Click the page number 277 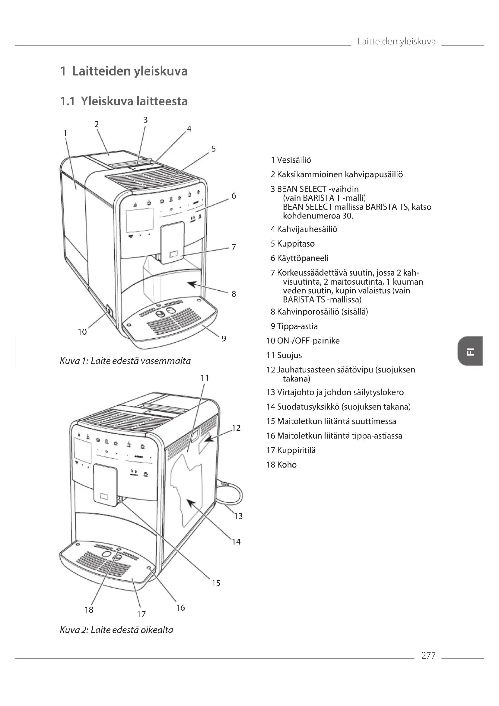(428, 655)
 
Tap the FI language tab (470, 351)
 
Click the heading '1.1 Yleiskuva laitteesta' (124, 101)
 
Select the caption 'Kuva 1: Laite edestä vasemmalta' (125, 361)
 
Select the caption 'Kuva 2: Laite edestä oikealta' (116, 630)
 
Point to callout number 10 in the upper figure (82, 332)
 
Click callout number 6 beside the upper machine (234, 196)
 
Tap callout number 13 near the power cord (238, 516)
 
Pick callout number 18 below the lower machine (89, 610)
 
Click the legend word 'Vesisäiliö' (294, 160)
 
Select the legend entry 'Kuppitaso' (296, 244)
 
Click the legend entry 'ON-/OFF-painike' (308, 341)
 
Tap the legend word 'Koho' (287, 465)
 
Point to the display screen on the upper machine (139, 219)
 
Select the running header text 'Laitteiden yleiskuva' (396, 42)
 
